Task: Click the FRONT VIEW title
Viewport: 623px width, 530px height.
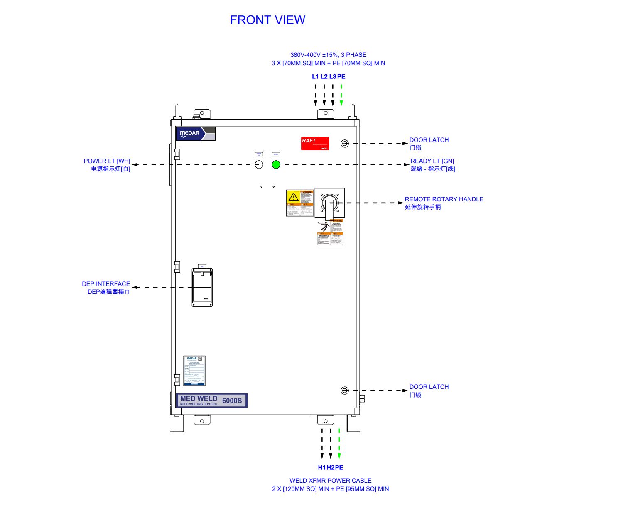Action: coord(267,20)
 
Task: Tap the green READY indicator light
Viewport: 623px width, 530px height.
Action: coord(276,165)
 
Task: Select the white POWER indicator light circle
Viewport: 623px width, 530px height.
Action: coord(259,165)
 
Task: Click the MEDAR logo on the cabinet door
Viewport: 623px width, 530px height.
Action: coord(196,134)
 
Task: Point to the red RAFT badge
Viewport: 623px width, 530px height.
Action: coord(315,144)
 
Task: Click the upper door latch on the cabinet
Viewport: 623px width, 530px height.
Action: coord(344,144)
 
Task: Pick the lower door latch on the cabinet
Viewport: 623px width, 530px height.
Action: coord(344,391)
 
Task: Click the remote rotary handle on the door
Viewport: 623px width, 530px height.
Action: coord(329,203)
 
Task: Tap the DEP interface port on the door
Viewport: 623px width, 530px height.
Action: coord(202,287)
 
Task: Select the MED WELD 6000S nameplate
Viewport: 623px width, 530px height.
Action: coord(211,400)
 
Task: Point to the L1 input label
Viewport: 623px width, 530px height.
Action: coord(315,76)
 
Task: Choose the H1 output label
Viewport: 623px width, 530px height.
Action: coord(322,467)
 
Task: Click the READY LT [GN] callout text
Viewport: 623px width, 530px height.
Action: coord(432,161)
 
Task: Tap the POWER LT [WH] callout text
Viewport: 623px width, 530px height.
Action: coord(107,161)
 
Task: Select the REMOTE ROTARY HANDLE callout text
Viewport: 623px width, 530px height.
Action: coord(444,199)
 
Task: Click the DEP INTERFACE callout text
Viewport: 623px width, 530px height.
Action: coord(106,284)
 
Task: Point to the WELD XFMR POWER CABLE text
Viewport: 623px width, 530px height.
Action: coord(330,481)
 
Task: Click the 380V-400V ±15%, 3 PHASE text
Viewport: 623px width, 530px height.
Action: coord(328,55)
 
